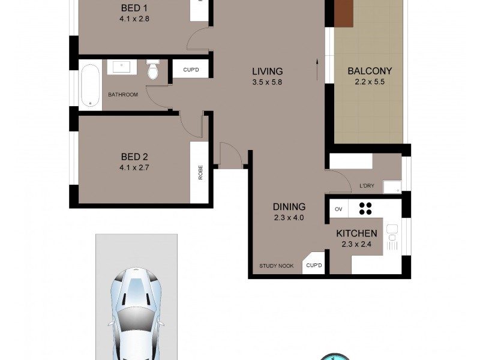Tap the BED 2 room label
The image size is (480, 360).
coord(134,157)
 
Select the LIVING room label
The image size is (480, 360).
coord(267,71)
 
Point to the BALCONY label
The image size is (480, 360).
coord(370,71)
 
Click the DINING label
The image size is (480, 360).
coord(289,207)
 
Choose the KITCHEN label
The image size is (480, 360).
coord(356,233)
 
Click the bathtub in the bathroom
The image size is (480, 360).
coord(91,86)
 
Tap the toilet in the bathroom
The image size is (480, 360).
coord(152,70)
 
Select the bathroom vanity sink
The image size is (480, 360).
coord(122,66)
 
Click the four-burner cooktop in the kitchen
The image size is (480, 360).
coord(365,208)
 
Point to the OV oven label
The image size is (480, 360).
coord(338,209)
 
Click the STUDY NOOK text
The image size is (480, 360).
coord(277,266)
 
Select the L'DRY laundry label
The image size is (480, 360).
coord(367,186)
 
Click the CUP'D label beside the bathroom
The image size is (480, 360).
coord(191,70)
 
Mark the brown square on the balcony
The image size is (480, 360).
coord(344,13)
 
